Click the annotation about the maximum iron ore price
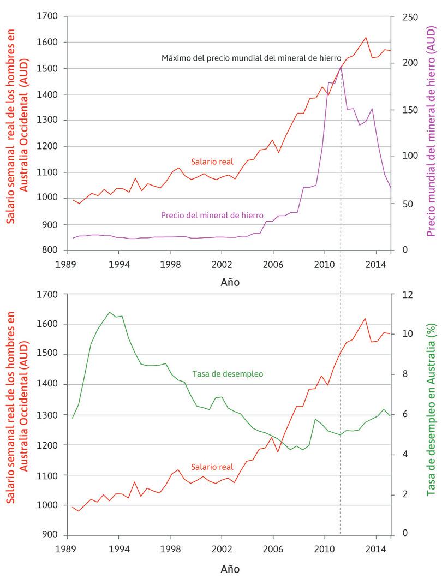click(251, 57)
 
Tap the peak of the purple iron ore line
click(341, 66)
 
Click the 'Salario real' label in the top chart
click(212, 162)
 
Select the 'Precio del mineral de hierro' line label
click(212, 215)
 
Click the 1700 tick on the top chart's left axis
click(47, 16)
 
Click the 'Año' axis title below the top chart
click(230, 283)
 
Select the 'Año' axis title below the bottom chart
click(230, 569)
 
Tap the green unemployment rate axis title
click(431, 416)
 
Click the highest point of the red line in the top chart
click(365, 38)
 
